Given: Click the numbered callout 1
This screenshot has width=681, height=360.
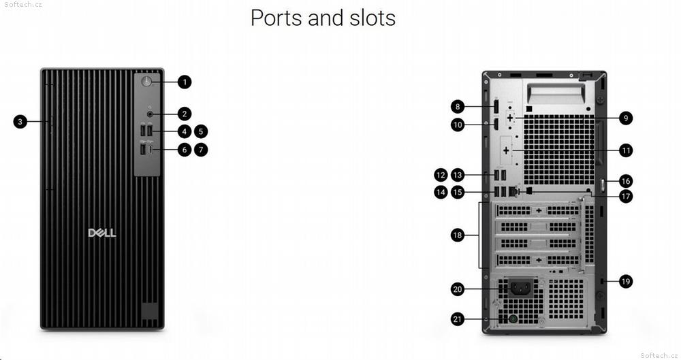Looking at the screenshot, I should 185,82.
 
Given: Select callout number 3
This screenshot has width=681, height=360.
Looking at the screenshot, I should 21,122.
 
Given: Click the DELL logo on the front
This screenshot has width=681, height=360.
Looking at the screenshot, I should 102,233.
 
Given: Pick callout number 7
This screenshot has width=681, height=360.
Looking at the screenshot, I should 201,150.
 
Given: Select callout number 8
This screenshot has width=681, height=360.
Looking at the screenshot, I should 458,107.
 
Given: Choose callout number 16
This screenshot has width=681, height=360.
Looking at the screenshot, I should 625,181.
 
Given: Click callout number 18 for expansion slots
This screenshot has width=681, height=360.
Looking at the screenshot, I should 458,235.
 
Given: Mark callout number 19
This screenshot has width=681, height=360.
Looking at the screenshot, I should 625,281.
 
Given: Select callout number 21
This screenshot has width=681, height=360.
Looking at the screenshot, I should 458,318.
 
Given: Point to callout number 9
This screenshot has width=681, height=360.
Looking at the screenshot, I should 625,118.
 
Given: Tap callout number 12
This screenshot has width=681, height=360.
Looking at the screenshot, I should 441,175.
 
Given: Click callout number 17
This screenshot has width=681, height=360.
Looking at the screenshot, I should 625,197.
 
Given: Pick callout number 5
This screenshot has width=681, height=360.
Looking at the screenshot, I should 201,131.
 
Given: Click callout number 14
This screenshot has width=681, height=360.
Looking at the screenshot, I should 441,193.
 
